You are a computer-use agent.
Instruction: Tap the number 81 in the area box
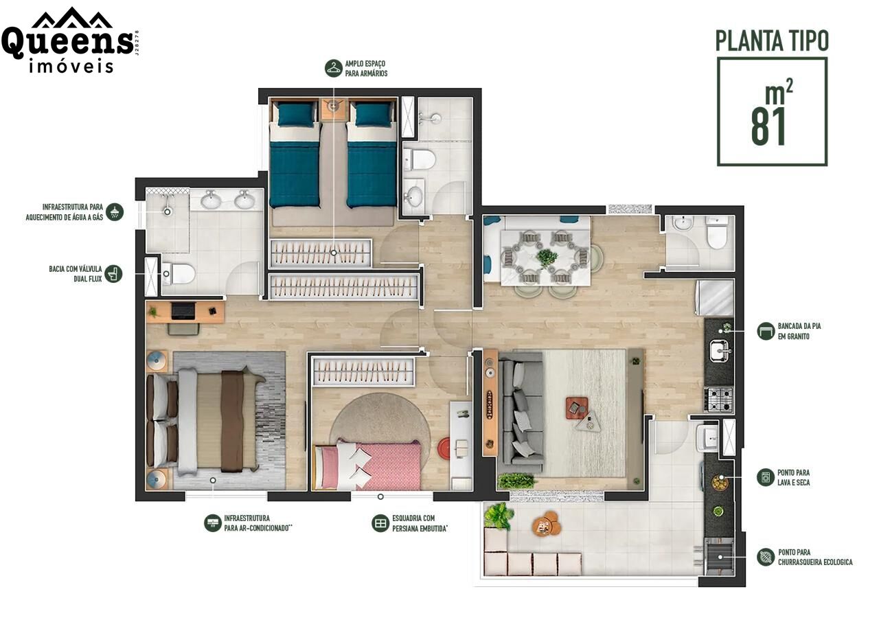coord(768,127)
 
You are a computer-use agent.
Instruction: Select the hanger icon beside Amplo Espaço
coord(334,68)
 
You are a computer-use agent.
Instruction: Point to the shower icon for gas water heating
coord(115,212)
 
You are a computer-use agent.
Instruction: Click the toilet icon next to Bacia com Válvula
coord(113,273)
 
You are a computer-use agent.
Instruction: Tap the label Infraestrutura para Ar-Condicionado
coord(258,523)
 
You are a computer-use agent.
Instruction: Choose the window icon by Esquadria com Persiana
coord(380,523)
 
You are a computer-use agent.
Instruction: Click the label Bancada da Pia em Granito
coord(799,331)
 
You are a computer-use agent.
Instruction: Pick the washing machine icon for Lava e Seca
coord(765,478)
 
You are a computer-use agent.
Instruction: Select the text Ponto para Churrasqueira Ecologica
coord(815,558)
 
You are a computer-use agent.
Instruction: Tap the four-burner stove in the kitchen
coord(718,400)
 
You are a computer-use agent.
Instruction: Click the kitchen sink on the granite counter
coord(719,350)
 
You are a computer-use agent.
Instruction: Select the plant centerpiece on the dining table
coord(547,258)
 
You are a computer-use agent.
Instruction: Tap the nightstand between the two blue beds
coord(333,108)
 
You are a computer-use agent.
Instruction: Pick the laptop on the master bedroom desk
coord(183,310)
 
